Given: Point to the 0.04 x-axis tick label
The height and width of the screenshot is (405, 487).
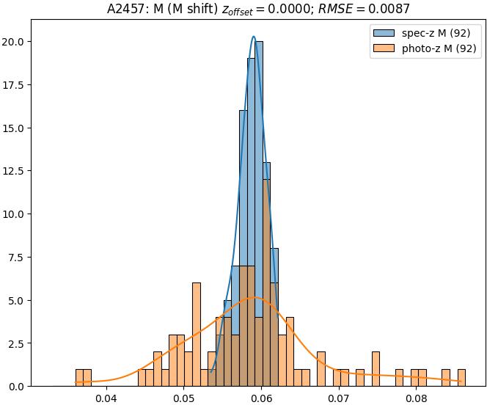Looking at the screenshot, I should (x=106, y=399).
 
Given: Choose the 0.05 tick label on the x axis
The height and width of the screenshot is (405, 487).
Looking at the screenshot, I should (x=184, y=399).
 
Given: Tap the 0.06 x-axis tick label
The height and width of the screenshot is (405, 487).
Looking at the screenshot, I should (x=262, y=399).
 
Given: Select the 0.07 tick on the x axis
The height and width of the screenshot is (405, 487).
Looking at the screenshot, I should (x=339, y=399).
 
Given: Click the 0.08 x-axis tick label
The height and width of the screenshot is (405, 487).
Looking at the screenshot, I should (x=417, y=399).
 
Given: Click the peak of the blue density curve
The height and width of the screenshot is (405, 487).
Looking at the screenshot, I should (x=254, y=37).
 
